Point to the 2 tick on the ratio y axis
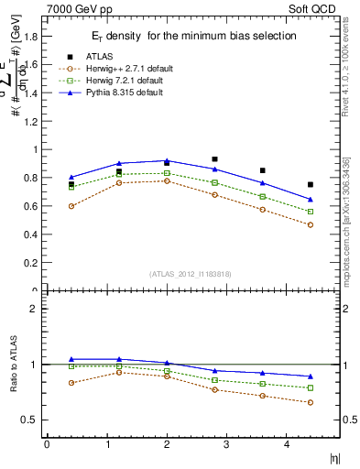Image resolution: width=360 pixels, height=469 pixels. [x=36, y=309]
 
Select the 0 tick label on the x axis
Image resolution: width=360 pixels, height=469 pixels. [x=47, y=444]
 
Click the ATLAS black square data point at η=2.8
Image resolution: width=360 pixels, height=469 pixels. [x=214, y=159]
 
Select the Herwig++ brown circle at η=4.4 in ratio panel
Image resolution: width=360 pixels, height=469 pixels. [x=311, y=402]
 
